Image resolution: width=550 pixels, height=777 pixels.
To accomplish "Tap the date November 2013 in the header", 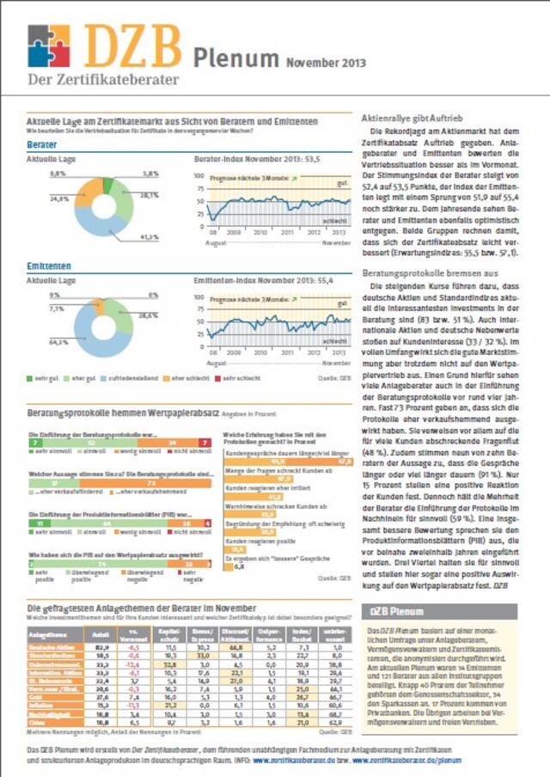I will [x=326, y=62].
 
